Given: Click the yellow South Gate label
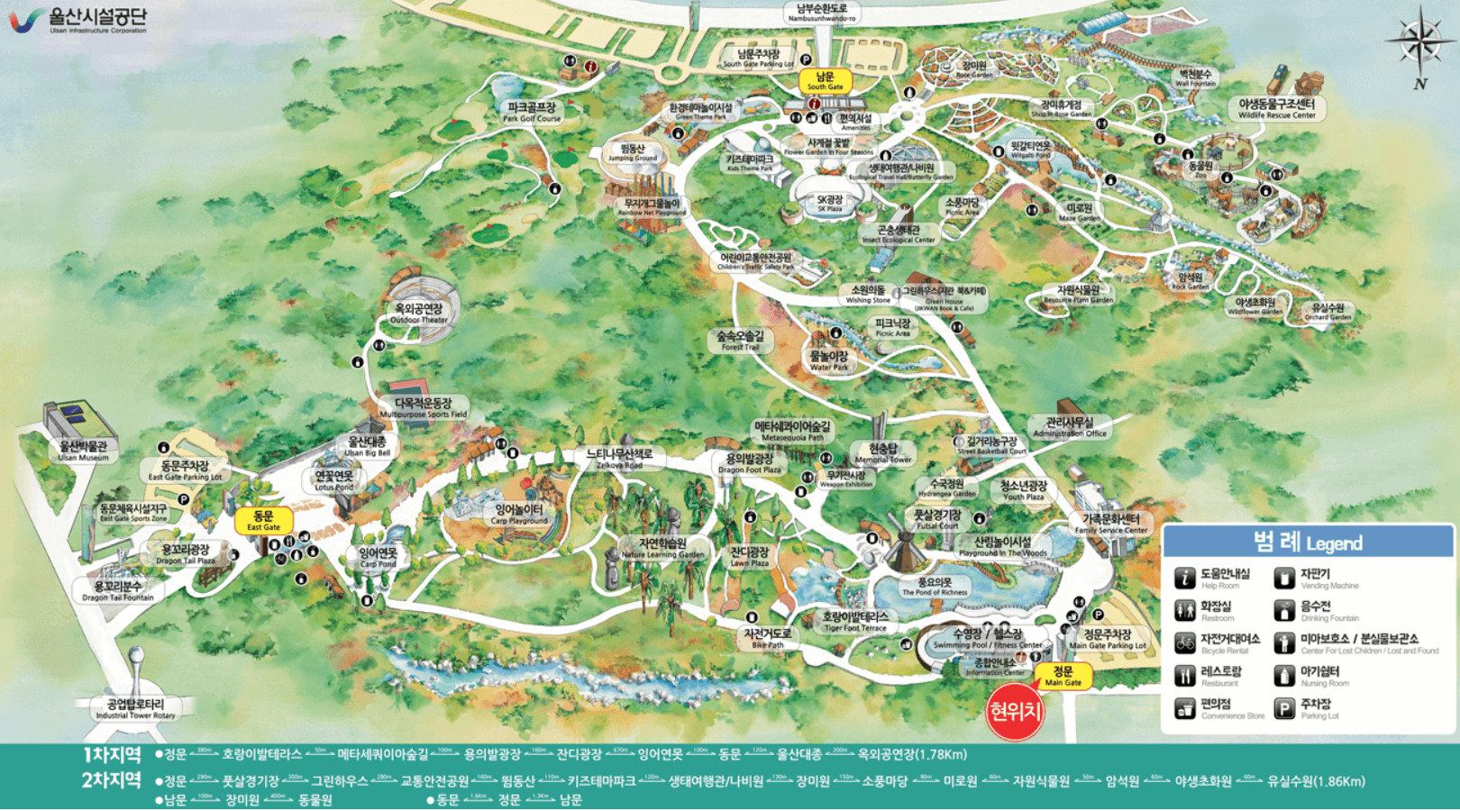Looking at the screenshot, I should point(825,81).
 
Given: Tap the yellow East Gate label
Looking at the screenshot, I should point(263,521).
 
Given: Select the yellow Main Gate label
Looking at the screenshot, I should point(1063,676).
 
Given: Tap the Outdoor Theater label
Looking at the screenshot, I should point(419,313).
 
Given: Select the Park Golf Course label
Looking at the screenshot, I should point(532,112).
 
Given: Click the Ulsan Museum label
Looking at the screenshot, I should point(83,451).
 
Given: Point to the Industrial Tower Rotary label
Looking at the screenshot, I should point(135,708).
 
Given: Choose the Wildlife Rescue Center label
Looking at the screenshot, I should point(1276,109).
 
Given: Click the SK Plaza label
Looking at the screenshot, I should point(829,203).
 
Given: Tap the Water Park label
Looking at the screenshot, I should point(828,360).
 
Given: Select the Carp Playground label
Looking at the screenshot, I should point(519,515).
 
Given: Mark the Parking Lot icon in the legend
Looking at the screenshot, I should point(1284,709).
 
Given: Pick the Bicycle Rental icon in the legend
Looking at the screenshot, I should point(1185,643).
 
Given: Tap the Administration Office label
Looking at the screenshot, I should point(1070,427).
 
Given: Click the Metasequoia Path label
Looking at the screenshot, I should point(792,431).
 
